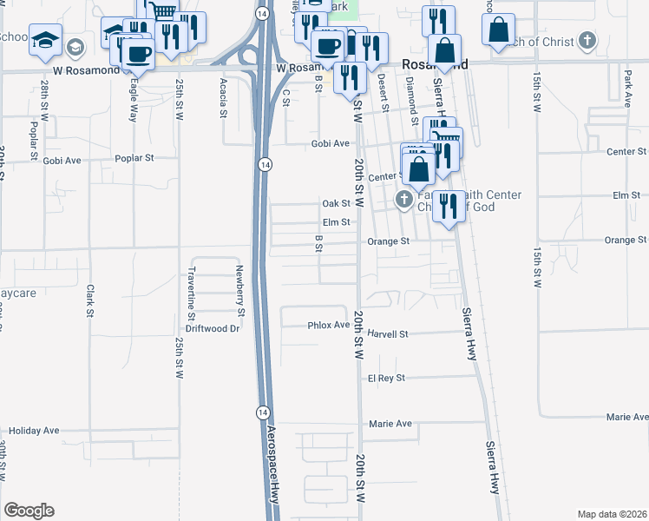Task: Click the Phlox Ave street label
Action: (329, 325)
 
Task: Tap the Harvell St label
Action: (387, 333)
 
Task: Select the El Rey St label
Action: (386, 379)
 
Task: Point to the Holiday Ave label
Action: (34, 430)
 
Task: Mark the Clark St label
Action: (89, 300)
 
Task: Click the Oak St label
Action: (336, 203)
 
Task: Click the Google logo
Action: (29, 511)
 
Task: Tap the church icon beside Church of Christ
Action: (587, 40)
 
